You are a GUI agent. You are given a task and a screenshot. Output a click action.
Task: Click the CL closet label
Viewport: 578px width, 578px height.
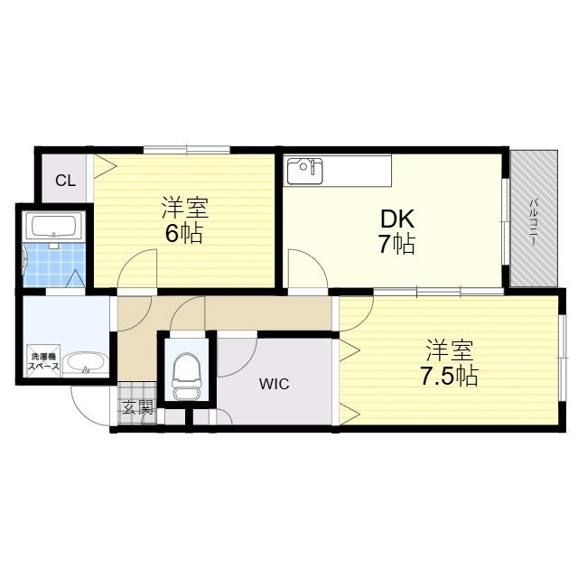65,180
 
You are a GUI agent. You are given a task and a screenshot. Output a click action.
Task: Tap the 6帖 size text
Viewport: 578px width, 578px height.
183,234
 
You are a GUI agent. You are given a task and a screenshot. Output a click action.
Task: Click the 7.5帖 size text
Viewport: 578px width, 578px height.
449,376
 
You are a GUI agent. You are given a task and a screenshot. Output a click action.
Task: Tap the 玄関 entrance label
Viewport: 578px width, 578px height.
138,407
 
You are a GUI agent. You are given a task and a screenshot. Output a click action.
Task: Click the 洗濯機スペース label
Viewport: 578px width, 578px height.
42,360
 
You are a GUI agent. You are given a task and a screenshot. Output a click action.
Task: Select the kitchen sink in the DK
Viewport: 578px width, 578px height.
304,170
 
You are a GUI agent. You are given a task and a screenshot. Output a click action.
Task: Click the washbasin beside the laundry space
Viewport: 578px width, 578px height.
87,363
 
